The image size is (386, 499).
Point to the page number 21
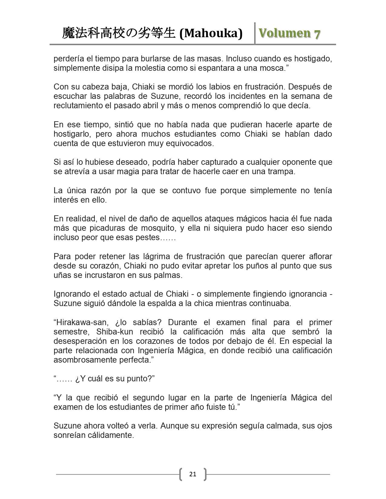pos(193,474)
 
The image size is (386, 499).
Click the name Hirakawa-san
pos(81,322)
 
